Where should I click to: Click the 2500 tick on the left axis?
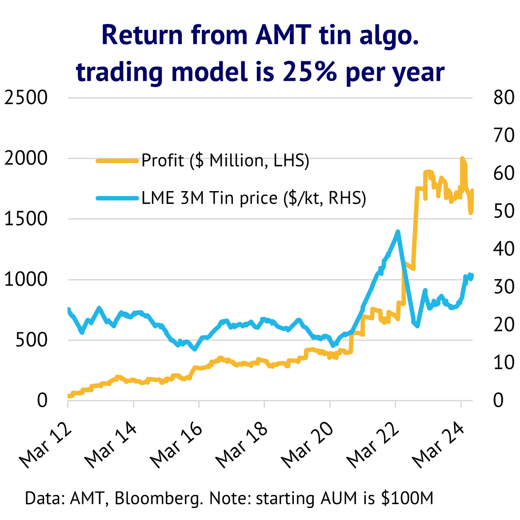(x=26, y=97)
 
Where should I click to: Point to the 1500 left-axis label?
(x=26, y=219)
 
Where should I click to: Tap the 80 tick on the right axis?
(x=504, y=97)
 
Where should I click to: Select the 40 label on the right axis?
(x=504, y=249)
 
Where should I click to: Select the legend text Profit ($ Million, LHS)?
(x=225, y=160)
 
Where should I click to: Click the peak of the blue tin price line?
(x=398, y=232)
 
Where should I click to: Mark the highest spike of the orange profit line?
(x=462, y=158)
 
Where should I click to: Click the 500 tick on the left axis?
(x=32, y=340)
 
